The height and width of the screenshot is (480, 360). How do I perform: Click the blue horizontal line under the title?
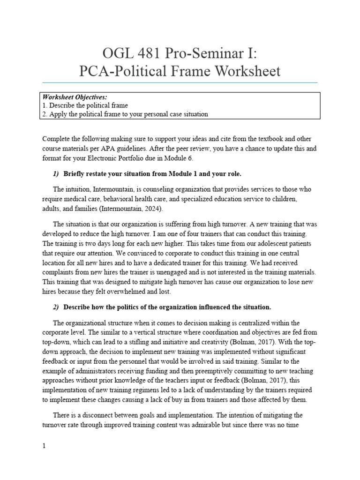click(x=180, y=82)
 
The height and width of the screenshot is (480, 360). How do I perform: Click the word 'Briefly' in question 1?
click(x=77, y=173)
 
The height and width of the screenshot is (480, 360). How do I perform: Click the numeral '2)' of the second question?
click(x=56, y=307)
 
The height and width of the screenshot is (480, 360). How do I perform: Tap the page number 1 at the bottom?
click(x=44, y=446)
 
